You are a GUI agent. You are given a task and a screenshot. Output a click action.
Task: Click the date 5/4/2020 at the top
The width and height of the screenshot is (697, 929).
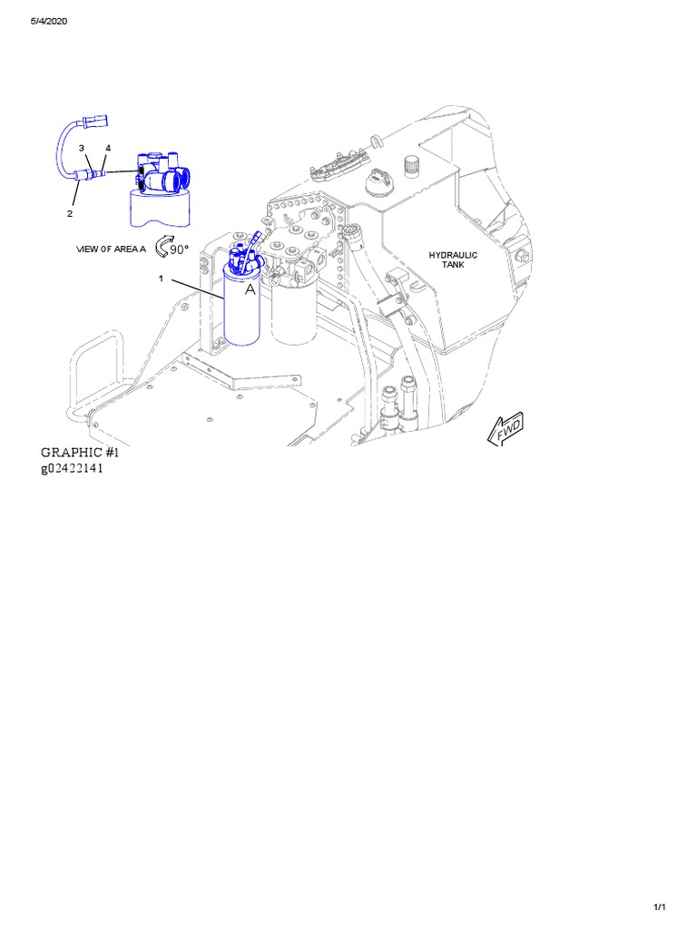pyautogui.click(x=49, y=22)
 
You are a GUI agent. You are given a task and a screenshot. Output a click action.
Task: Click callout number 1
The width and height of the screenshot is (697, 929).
pyautogui.click(x=161, y=278)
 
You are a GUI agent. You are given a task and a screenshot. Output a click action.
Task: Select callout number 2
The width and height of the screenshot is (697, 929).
pyautogui.click(x=70, y=214)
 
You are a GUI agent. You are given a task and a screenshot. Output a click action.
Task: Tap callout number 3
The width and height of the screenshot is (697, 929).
pyautogui.click(x=82, y=148)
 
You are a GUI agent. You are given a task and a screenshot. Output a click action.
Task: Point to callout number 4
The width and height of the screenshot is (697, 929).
pyautogui.click(x=108, y=148)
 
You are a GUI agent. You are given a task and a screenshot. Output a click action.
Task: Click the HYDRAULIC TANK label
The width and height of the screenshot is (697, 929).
pyautogui.click(x=453, y=259)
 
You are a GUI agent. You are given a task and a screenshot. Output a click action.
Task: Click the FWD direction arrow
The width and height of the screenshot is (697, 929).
pyautogui.click(x=506, y=428)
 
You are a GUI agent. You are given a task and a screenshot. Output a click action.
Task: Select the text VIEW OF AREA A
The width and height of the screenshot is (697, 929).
pyautogui.click(x=111, y=249)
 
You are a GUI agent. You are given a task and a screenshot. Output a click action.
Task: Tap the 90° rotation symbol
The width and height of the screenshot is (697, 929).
pyautogui.click(x=172, y=247)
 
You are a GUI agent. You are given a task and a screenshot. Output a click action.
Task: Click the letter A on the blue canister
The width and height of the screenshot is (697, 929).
pyautogui.click(x=250, y=289)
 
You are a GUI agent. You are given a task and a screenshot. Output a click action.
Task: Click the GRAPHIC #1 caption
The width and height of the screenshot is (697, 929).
pyautogui.click(x=80, y=452)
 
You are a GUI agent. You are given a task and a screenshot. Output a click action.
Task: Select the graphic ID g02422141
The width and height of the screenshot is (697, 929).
pyautogui.click(x=72, y=468)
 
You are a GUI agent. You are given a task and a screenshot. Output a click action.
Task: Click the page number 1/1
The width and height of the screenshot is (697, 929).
pyautogui.click(x=660, y=907)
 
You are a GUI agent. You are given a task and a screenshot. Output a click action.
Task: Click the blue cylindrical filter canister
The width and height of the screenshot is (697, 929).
pyautogui.click(x=241, y=305)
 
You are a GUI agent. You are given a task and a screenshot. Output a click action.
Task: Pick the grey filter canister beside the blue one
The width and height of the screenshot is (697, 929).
pyautogui.click(x=293, y=311)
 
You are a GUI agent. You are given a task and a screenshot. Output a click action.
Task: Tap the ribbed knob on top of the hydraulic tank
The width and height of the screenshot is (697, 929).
pyautogui.click(x=411, y=165)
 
